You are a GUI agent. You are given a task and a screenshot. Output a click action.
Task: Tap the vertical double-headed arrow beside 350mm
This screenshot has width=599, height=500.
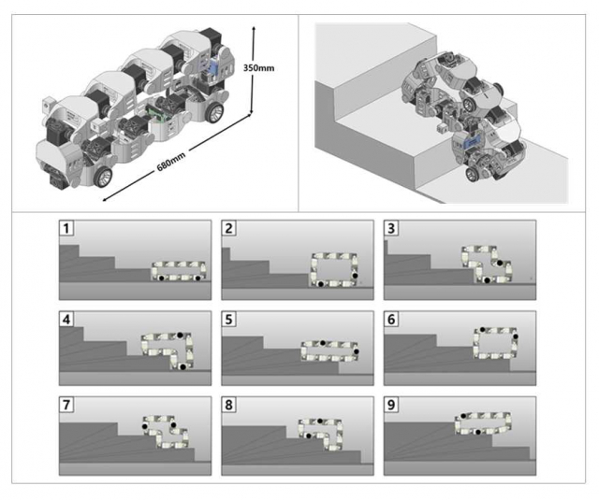tap(252, 70)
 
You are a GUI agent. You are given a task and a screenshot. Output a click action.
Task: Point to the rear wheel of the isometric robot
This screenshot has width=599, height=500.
tap(214, 110)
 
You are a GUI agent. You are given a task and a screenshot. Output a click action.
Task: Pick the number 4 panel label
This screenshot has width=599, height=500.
tap(67, 320)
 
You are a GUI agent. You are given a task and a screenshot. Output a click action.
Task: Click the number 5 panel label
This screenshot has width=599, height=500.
tap(230, 320)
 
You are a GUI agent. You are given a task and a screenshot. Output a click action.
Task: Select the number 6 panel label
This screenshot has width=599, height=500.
tap(393, 320)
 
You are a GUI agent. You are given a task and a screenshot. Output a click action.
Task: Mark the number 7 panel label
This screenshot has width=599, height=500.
tap(67, 407)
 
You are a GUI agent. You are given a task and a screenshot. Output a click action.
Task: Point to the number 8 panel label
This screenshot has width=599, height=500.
tap(230, 407)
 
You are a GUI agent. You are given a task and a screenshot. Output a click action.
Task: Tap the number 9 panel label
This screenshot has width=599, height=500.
tap(393, 407)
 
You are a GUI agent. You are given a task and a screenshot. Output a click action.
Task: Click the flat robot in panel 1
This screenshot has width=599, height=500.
tap(181, 272)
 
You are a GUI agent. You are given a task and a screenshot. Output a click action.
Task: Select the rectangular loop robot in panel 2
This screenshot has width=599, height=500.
tap(335, 268)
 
